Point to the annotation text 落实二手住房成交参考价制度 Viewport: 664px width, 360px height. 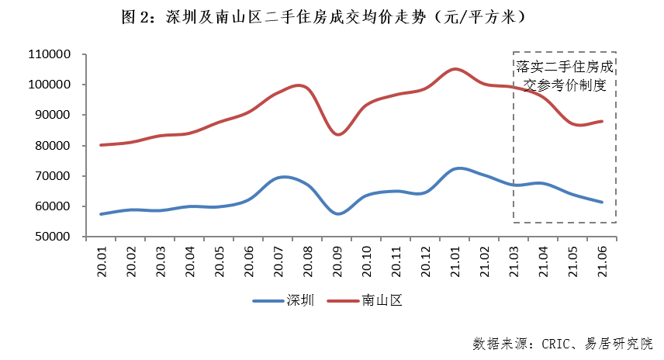click(565, 75)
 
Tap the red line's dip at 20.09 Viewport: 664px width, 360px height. click(338, 134)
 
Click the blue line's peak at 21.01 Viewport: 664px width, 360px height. click(458, 168)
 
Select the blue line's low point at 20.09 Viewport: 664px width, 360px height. click(338, 213)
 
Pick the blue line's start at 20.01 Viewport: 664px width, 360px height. click(101, 213)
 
